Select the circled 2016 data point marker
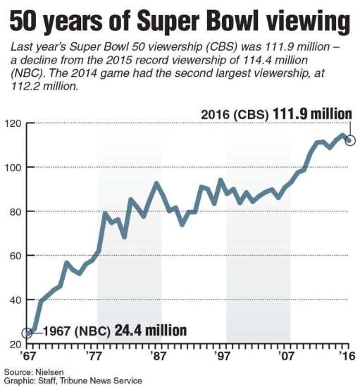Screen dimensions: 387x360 click(350, 140)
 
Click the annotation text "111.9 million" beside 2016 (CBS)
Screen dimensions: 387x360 click(312, 114)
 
